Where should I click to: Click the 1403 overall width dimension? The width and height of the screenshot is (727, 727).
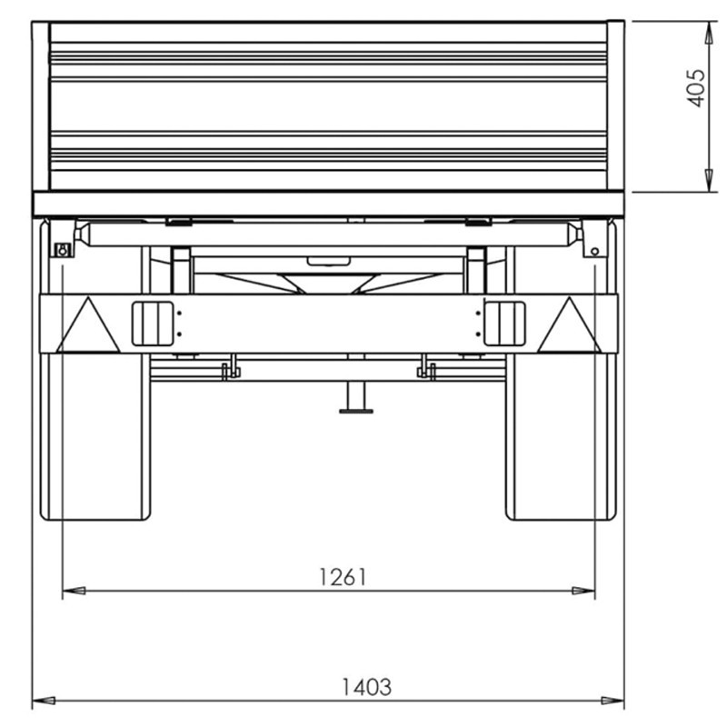pos(366,687)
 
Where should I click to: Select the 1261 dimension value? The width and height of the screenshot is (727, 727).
pos(344,577)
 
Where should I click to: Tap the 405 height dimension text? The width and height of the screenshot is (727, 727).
pos(695,88)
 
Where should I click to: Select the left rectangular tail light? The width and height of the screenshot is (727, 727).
pos(153,324)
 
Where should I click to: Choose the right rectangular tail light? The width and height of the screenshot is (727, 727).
pos(504,324)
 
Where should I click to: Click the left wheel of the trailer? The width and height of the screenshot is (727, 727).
pos(95,436)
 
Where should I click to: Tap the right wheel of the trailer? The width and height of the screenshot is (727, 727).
pos(562,436)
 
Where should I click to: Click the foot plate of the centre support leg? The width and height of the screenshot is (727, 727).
pos(356,412)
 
